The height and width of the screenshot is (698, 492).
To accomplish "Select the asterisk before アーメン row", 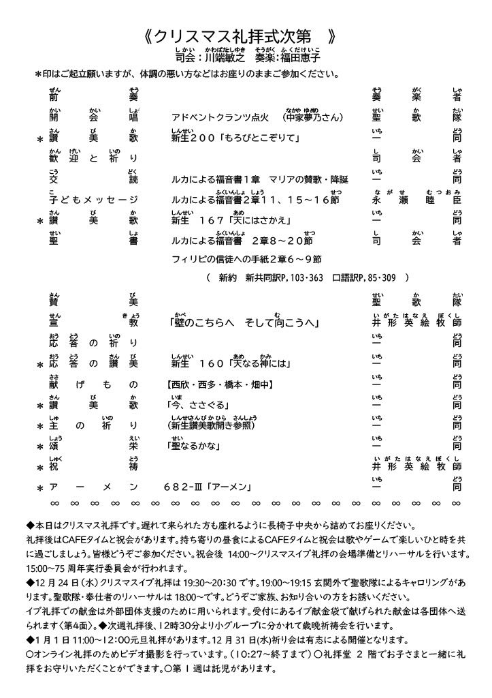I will click(x=39, y=489).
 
